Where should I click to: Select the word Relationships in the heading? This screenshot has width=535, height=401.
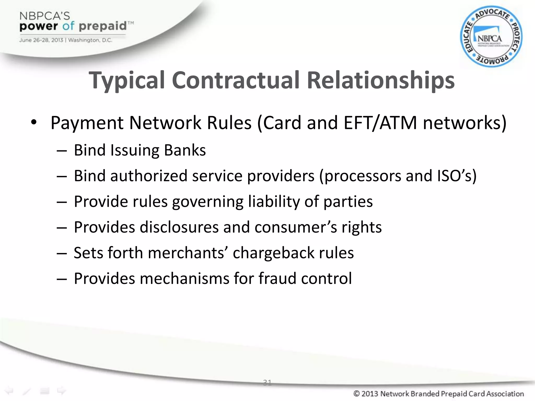point(381,80)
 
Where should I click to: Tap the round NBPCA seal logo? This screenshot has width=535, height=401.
point(491,37)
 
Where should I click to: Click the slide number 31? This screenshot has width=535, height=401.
point(267,382)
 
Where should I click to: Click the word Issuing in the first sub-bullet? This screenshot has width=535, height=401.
point(135,151)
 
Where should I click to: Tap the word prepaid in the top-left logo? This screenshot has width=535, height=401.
point(102,26)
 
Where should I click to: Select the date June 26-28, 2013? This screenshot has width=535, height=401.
point(41,40)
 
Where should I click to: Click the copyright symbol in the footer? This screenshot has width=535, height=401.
point(357,393)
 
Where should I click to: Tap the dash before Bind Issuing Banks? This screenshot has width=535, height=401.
point(62,151)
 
